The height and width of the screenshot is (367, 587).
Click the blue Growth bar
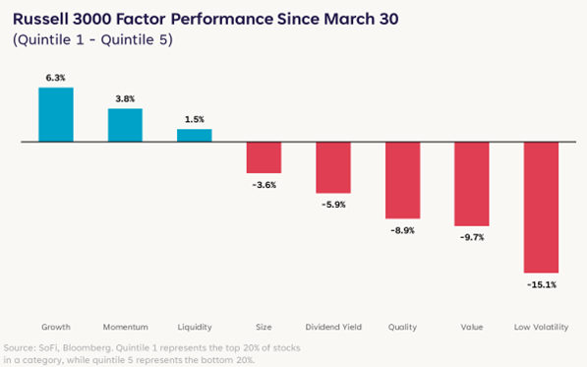[56, 114]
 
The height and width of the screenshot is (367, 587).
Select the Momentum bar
[125, 125]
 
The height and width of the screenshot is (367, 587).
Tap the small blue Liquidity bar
[195, 136]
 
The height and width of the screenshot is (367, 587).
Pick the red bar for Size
[264, 157]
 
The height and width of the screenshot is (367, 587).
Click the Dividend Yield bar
[333, 167]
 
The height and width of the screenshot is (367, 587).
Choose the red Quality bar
[403, 180]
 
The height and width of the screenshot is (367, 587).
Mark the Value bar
[472, 184]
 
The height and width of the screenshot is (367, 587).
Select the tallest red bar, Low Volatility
[541, 207]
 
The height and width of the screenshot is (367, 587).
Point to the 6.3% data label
[56, 78]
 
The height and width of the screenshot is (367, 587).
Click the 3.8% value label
[125, 98]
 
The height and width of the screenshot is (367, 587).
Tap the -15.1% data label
[542, 285]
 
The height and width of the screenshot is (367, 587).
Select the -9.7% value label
[472, 237]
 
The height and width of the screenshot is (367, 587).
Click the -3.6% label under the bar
[264, 185]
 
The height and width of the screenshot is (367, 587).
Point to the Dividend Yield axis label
[333, 327]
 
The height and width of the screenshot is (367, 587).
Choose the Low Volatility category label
[542, 327]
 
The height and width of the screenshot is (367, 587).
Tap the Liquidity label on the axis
[195, 327]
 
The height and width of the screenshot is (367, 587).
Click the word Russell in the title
[40, 19]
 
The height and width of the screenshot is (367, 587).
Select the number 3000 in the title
[92, 19]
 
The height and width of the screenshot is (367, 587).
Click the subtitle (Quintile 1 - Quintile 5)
[92, 39]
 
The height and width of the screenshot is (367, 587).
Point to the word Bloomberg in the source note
[88, 348]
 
